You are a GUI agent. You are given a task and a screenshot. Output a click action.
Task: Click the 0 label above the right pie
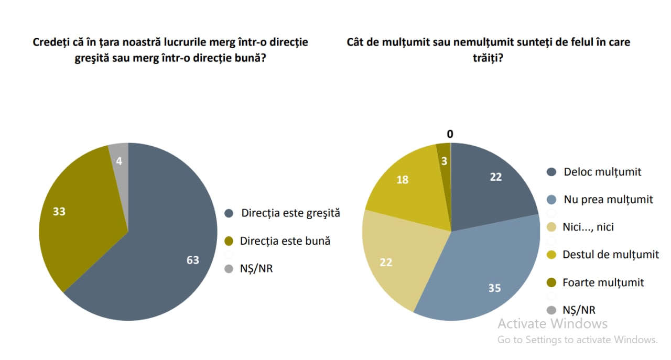coord(450,135)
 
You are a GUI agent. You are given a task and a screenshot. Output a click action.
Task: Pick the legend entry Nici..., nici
coord(588,227)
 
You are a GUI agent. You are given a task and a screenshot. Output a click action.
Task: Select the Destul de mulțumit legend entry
coord(610,255)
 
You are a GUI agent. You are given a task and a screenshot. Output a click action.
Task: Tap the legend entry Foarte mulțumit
coord(603,282)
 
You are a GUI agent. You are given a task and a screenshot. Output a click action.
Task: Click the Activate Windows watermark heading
coord(553,323)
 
